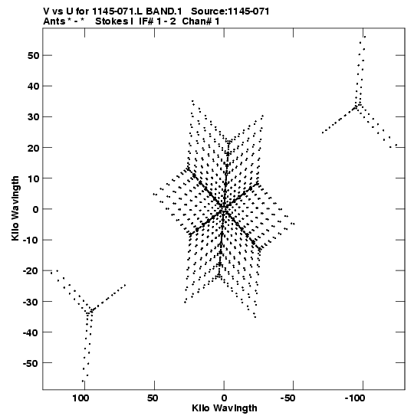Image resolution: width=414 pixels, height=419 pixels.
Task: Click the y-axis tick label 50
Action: pos(33,56)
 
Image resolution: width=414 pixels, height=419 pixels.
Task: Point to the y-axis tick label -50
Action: pos(31,363)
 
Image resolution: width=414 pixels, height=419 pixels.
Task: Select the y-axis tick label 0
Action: pos(35,209)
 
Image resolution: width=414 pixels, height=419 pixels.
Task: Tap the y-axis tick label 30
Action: pos(33,117)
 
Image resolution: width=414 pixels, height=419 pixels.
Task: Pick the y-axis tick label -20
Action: pos(31,271)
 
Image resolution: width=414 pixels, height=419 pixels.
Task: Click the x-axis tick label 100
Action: pos(80,398)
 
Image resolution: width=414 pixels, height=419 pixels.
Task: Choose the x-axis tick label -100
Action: pos(355,398)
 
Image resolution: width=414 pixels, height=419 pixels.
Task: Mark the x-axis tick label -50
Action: pos(287,398)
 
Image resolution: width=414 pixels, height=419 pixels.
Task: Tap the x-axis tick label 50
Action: pos(153,398)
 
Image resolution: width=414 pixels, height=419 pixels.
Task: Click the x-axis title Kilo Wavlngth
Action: pos(225,408)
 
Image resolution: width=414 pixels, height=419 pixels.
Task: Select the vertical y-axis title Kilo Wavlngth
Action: pos(15,208)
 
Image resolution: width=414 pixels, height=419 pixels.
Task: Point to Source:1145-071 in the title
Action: pos(230,11)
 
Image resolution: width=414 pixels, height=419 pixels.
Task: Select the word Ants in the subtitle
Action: pos(54,21)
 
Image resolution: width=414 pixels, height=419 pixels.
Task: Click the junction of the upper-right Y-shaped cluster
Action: pos(357,106)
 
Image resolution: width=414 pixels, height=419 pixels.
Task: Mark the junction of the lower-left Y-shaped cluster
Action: pos(90,311)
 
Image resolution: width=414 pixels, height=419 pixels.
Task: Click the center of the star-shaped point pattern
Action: pos(224,208)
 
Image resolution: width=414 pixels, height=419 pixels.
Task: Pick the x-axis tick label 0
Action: pos(224,398)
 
